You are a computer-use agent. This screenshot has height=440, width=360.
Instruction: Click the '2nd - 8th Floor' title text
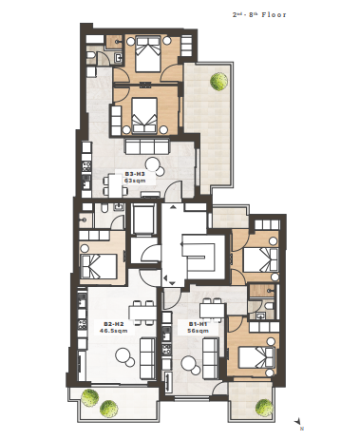259,14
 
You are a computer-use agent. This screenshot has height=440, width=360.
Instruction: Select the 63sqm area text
135,181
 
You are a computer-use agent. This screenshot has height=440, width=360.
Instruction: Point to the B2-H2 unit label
114,324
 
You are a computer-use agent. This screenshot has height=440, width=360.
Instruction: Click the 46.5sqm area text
114,331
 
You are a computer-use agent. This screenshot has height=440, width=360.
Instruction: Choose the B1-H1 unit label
198,324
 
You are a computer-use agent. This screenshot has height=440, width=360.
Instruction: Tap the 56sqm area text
198,331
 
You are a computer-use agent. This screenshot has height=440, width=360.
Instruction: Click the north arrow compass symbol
297,423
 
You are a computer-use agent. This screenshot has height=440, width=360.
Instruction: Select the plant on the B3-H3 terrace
218,81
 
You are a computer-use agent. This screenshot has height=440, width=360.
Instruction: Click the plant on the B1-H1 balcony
264,408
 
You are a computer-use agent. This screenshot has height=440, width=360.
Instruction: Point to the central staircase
199,255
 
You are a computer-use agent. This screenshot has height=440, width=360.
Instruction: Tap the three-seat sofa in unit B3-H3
147,146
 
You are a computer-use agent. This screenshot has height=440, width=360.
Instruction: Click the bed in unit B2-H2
99,266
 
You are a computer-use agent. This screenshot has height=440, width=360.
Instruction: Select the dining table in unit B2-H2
142,313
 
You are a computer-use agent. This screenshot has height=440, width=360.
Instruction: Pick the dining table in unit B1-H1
212,311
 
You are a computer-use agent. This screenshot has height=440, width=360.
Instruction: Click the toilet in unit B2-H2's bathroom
104,208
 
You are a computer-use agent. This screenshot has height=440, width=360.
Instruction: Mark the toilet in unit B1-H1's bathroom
269,306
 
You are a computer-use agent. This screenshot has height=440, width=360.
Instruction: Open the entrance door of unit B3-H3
174,191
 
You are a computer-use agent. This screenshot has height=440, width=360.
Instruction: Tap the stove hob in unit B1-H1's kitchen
166,349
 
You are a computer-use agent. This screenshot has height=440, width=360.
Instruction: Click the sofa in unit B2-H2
147,358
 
